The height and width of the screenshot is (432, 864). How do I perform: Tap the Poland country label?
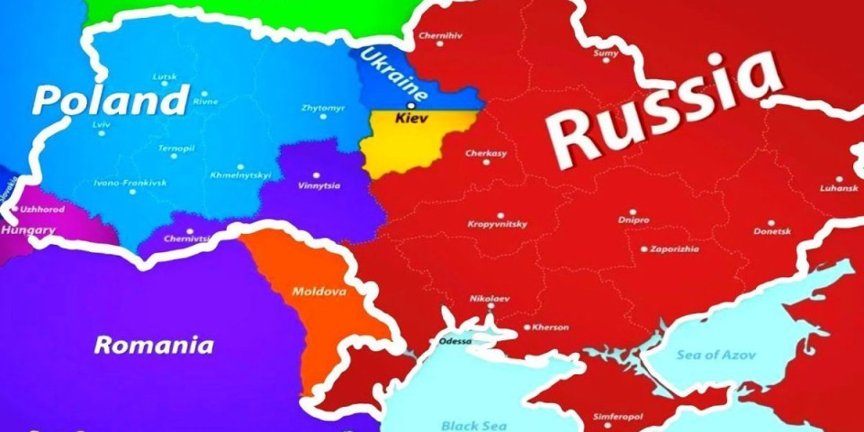tap(111, 101)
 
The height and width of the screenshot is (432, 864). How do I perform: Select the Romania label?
tap(155, 345)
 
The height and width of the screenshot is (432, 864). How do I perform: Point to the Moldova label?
tap(319, 292)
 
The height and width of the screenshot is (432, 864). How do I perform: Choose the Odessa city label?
tap(454, 342)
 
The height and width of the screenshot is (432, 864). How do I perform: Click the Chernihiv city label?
tap(441, 37)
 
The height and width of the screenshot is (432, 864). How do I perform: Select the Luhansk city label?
tap(839, 189)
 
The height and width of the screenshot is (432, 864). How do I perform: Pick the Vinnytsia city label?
tap(319, 186)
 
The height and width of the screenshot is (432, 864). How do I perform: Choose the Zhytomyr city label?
tap(321, 108)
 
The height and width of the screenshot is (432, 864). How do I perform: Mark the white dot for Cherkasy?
tap(486, 162)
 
